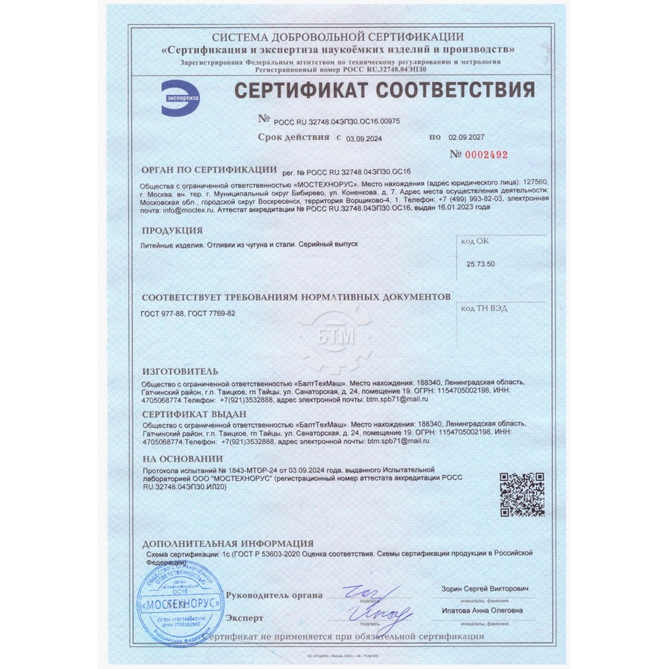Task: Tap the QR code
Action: coord(522,494)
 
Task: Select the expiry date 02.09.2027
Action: coord(466,137)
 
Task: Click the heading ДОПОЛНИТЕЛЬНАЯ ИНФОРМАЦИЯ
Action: coord(228,543)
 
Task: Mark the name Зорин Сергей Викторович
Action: coord(484,589)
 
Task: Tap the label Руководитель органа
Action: coord(274,595)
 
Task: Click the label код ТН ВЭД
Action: coord(484,308)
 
